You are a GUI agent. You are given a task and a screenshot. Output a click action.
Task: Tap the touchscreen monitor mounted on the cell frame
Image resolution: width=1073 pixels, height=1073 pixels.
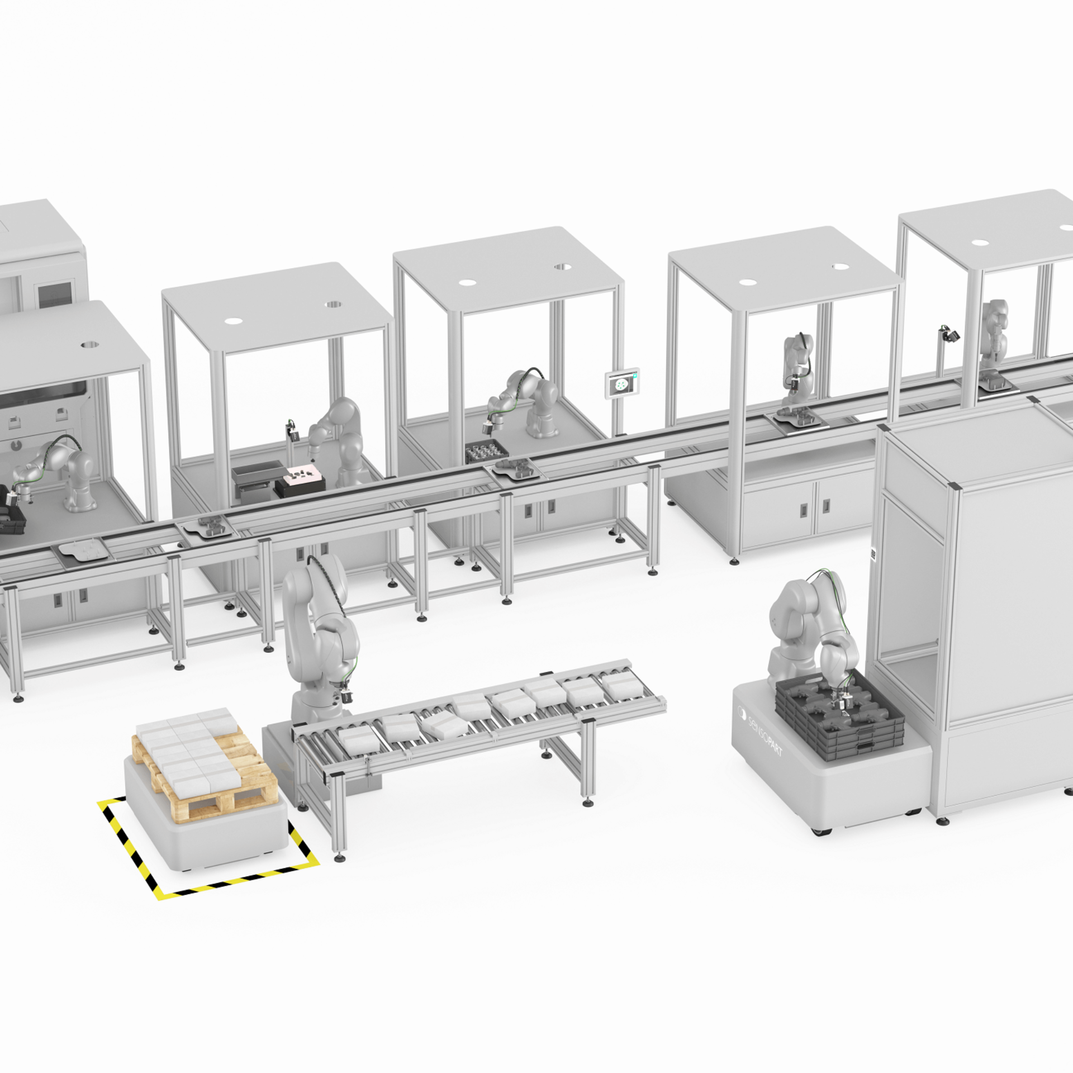pyautogui.click(x=621, y=383)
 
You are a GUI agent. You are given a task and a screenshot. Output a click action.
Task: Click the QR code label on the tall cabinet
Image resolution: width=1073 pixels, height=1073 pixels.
pyautogui.click(x=872, y=556)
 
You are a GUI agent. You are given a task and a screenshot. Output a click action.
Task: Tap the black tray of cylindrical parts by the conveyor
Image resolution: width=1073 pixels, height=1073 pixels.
pyautogui.click(x=485, y=451)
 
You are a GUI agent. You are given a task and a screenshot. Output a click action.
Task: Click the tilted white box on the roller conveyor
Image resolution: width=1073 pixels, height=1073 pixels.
pyautogui.click(x=445, y=725)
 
